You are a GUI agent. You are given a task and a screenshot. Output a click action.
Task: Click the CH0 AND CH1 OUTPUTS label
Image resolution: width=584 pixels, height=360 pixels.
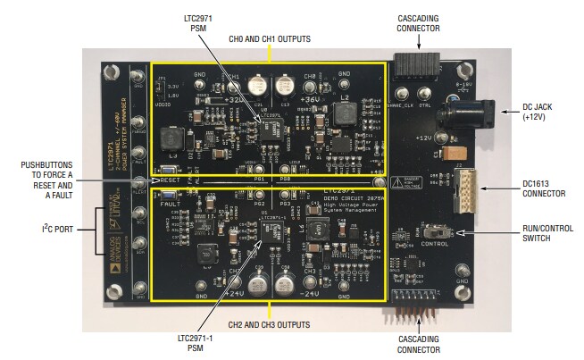[270, 39]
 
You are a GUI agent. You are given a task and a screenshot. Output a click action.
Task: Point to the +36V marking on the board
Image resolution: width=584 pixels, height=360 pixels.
[313, 86]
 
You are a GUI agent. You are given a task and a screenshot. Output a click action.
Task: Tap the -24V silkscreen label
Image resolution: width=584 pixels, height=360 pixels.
[311, 291]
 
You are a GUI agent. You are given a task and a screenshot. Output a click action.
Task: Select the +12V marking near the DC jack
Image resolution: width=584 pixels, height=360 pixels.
[421, 138]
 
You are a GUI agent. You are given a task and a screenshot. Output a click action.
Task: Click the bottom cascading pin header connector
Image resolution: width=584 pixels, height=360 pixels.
[413, 304]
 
